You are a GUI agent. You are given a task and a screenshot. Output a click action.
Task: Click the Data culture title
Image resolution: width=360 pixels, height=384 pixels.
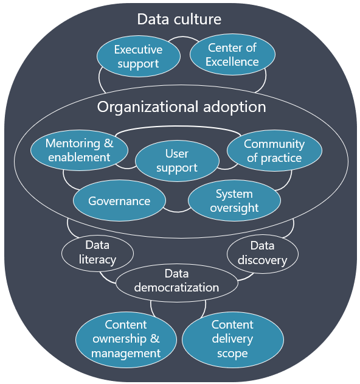pos(179,19)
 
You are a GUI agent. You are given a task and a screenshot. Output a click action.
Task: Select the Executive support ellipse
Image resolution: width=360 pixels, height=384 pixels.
pos(139,56)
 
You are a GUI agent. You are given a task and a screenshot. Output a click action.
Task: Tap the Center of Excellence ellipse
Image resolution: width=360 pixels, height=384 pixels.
pos(232,54)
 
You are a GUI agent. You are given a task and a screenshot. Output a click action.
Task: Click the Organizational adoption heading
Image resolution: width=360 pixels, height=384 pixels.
pos(181,107)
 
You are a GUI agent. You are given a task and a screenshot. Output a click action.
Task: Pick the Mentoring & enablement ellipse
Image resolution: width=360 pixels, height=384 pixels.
pos(79,150)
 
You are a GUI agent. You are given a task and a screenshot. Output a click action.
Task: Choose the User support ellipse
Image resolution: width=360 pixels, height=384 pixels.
pos(177,161)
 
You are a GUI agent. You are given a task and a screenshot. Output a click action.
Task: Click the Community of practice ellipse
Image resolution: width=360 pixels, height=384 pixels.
pos(274,150)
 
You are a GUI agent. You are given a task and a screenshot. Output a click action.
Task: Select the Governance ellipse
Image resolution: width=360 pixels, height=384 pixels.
pos(119,201)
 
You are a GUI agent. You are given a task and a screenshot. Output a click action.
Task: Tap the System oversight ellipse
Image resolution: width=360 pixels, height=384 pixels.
pos(234,201)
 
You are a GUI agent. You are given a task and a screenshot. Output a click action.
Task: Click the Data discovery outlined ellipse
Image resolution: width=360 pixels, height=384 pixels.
pos(263,254)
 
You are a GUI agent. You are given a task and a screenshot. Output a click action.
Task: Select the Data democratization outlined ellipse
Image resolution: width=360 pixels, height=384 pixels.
pos(177,282)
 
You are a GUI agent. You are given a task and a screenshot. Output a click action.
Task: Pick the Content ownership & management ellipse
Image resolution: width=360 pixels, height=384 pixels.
pos(126,340)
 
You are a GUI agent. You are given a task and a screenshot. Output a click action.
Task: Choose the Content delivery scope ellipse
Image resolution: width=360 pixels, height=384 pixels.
pos(233,340)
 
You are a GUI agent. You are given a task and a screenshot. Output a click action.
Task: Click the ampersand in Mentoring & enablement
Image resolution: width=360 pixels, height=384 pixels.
pos(108,144)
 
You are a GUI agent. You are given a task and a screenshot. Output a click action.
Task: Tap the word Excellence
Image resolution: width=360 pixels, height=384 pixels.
pos(232,61)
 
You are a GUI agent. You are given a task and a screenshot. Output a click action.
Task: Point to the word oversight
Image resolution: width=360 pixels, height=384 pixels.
pos(234,208)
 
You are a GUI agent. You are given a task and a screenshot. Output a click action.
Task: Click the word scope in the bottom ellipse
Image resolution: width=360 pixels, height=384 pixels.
pos(232,354)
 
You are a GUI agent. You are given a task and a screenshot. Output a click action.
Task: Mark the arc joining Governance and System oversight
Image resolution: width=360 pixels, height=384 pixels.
pos(177,211)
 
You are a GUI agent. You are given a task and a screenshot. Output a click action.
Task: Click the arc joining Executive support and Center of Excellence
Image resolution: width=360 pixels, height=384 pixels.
pos(183,37)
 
